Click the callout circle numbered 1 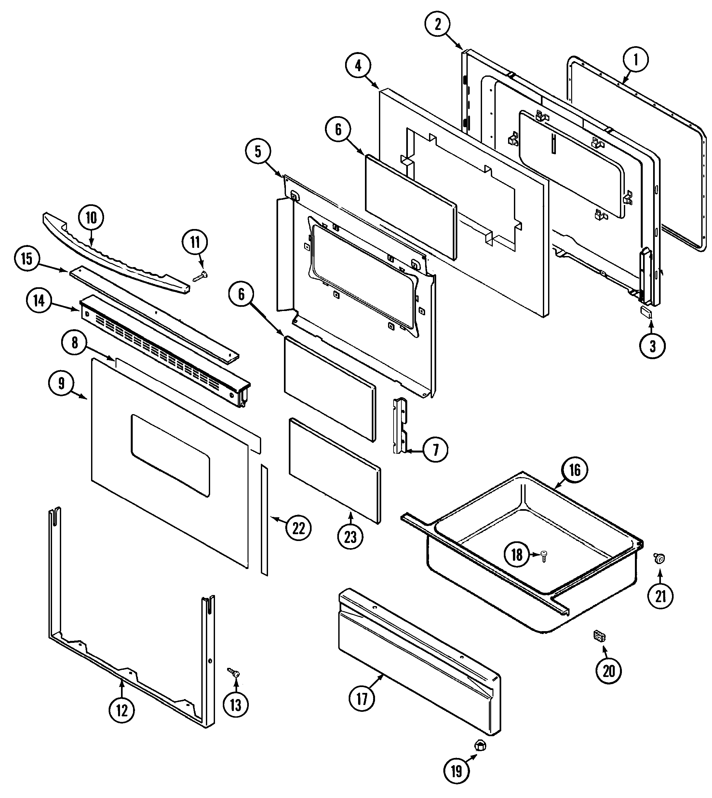pyautogui.click(x=635, y=60)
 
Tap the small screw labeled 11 pyautogui.click(x=201, y=277)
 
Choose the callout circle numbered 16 pyautogui.click(x=574, y=470)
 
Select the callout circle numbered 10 pyautogui.click(x=91, y=218)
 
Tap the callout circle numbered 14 pyautogui.click(x=39, y=301)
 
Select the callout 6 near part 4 pyautogui.click(x=338, y=129)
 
